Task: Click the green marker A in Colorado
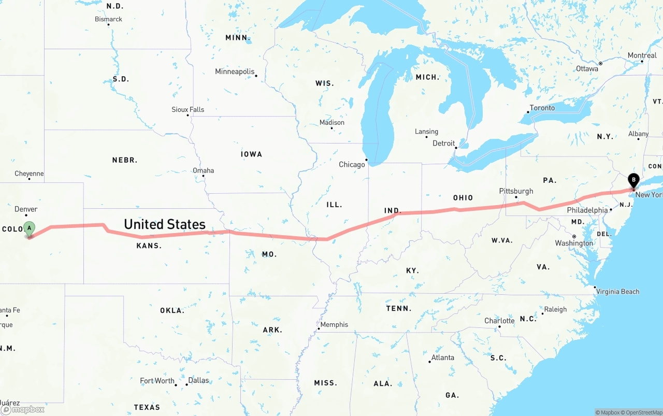[30, 228]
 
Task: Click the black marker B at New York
[633, 180]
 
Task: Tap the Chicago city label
[352, 165]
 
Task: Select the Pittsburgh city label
[516, 191]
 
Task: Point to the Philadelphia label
[587, 210]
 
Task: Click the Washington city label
[574, 243]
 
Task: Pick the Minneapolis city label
[235, 71]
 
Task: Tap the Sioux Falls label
[188, 109]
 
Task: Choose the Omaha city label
[203, 170]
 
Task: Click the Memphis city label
[334, 325]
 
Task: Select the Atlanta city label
[442, 357]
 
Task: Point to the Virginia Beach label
[617, 292]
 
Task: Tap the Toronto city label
[542, 108]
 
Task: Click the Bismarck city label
[108, 19]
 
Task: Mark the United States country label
[165, 224]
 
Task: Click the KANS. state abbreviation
[149, 246]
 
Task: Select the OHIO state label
[463, 198]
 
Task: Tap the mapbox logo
[23, 409]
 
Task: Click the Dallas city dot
[186, 384]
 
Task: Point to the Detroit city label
[443, 143]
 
